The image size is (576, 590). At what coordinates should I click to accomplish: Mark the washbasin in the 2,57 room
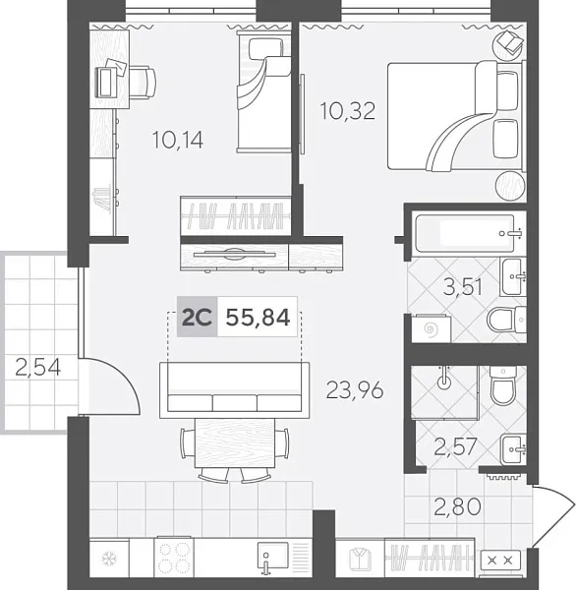point(512,449)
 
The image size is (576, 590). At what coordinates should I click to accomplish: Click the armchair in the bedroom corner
point(510,43)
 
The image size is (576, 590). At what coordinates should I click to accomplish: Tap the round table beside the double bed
point(510,184)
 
